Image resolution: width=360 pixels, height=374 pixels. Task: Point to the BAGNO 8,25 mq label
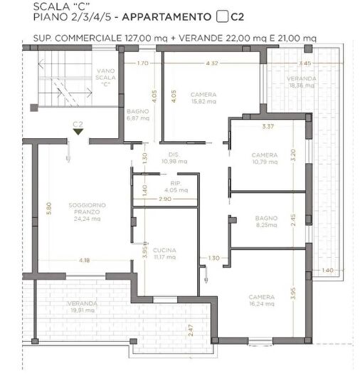tap(264, 221)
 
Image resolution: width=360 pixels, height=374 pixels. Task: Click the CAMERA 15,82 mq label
tap(203, 98)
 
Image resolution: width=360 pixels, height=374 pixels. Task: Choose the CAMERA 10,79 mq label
tap(264, 159)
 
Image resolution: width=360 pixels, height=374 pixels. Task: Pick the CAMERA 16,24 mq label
tap(262, 301)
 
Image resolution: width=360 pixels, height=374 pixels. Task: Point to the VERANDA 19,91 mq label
tap(83, 307)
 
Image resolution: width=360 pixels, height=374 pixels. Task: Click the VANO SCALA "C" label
tap(106, 76)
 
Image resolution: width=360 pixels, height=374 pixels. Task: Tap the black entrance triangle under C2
tap(78, 132)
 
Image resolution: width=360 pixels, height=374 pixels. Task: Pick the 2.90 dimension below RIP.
tap(164, 199)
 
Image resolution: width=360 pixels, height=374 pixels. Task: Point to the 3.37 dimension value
tap(268, 127)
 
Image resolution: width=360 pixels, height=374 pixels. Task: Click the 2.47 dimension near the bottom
tap(191, 331)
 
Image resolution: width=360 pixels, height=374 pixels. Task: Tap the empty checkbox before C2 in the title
tap(221, 15)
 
